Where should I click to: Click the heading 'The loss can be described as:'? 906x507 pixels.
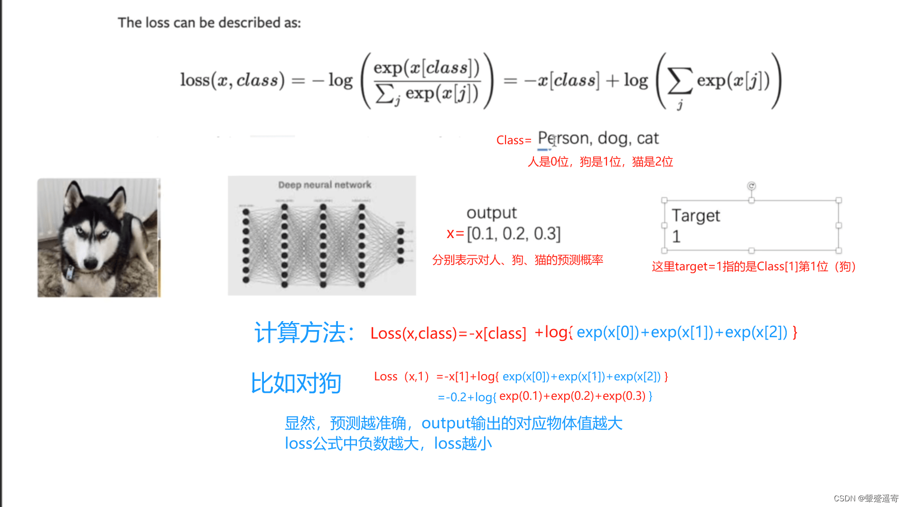pos(209,23)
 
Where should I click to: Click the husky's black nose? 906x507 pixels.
pos(90,262)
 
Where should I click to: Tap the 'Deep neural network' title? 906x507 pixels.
pos(325,185)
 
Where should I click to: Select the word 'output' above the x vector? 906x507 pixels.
pos(491,213)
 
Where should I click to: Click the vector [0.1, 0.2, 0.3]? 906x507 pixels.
pos(514,234)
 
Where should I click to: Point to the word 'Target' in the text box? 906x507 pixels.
pos(696,216)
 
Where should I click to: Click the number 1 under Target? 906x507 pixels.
pos(676,236)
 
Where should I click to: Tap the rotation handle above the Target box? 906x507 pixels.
pos(751,186)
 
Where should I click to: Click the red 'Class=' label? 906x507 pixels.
pos(514,140)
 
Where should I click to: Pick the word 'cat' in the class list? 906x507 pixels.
pos(647,138)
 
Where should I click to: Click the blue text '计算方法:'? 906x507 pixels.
pos(304,332)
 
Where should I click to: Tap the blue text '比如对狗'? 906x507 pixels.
pos(296,383)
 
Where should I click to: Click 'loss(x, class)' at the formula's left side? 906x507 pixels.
pos(232,80)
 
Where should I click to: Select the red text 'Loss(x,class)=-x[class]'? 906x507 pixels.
pos(448,333)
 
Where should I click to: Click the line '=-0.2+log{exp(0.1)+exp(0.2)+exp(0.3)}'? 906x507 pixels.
pos(545,396)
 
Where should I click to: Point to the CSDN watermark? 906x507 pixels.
pos(866,498)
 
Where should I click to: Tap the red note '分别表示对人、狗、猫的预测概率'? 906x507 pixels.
pos(517,260)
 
